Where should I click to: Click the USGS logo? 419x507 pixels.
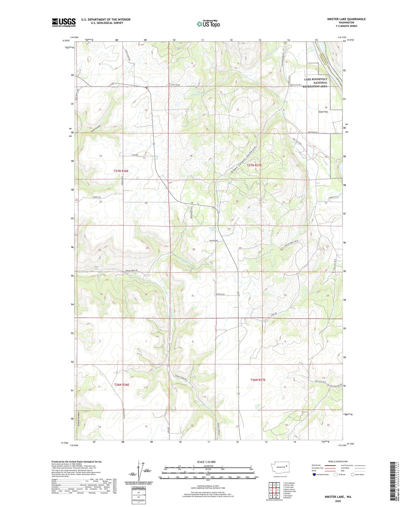(64, 22)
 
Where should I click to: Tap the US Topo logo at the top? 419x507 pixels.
(208, 24)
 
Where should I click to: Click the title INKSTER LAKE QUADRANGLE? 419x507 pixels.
(346, 19)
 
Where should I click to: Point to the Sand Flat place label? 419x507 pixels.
(323, 112)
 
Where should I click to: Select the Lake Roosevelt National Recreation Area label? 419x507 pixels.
(315, 83)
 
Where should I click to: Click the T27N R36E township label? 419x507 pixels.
(121, 171)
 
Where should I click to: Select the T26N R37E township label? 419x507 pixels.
(258, 380)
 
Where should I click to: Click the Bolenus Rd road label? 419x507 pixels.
(220, 294)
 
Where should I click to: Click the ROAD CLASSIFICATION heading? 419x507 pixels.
(338, 461)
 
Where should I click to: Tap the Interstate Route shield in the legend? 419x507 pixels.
(314, 475)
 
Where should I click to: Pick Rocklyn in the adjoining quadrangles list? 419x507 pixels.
(287, 493)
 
